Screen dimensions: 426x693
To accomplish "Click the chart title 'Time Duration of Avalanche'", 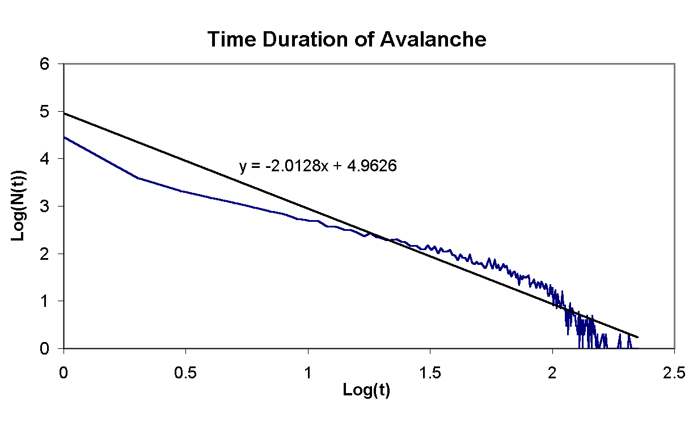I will pyautogui.click(x=346, y=40).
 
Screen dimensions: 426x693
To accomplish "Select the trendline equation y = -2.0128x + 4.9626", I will pyautogui.click(x=317, y=167).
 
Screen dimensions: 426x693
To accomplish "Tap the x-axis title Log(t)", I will pyautogui.click(x=366, y=390).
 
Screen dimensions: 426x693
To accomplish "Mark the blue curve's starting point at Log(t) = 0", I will pyautogui.click(x=64, y=137).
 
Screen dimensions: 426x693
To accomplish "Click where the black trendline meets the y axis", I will pyautogui.click(x=64, y=113).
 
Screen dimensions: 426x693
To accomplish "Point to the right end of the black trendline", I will pyautogui.click(x=638, y=337).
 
